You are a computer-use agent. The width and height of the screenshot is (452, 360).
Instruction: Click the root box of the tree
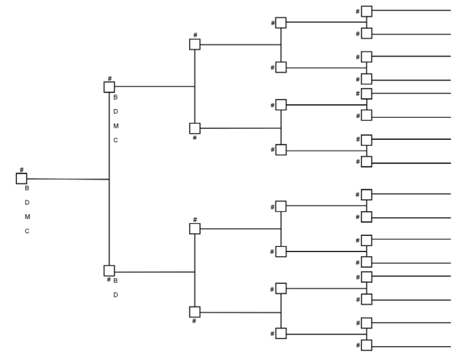(22, 178)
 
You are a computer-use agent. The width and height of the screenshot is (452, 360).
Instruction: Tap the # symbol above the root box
(22, 170)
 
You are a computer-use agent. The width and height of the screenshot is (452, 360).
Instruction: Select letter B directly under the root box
(27, 188)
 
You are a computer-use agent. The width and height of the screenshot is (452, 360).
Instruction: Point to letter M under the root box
(27, 216)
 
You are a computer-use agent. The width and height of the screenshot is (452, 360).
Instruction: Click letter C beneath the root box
(27, 231)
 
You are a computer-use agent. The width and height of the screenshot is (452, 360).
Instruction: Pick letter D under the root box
(27, 202)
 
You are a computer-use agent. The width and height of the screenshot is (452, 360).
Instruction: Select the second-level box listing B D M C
(109, 87)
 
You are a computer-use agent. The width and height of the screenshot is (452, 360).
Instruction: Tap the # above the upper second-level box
(109, 78)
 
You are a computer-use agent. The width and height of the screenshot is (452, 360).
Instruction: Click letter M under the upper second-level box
(116, 125)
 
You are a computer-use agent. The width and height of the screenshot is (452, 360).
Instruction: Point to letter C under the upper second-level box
(116, 140)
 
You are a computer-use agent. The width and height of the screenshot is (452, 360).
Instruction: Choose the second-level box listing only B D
(109, 271)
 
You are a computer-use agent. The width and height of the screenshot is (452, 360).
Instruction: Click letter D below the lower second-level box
(116, 295)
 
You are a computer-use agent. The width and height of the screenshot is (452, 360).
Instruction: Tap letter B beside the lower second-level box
(116, 280)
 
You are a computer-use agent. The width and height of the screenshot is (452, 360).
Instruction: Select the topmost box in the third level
(195, 45)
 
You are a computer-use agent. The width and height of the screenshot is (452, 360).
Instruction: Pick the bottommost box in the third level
(195, 312)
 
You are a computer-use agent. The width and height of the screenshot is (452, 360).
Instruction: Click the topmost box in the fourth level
(281, 22)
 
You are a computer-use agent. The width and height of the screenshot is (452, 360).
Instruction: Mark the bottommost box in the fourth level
(281, 333)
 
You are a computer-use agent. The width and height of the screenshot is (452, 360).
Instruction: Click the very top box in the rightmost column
(366, 11)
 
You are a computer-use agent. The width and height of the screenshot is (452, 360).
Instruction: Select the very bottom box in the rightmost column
(366, 346)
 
